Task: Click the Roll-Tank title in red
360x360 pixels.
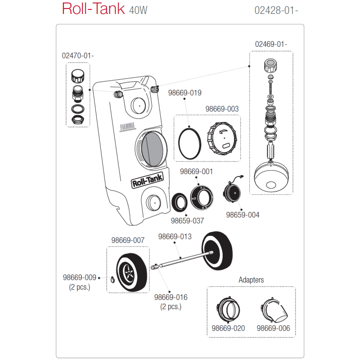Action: pos(93,9)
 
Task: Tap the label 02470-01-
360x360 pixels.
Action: pos(77,56)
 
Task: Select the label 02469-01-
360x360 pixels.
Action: pos(271,45)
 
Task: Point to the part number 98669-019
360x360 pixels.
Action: pos(184,93)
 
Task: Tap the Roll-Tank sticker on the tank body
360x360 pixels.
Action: pos(148,183)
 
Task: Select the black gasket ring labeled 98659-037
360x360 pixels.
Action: pos(180,202)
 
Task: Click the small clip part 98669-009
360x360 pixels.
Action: pos(112,281)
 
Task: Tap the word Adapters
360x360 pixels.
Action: pos(251,280)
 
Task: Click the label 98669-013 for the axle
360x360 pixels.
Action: pos(175,237)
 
